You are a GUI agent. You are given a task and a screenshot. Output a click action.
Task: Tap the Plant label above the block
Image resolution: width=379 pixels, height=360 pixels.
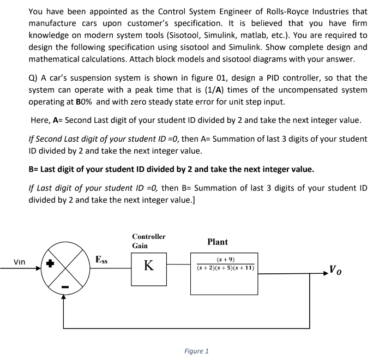point(218,242)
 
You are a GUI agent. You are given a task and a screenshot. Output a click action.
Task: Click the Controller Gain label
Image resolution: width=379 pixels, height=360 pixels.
point(148,241)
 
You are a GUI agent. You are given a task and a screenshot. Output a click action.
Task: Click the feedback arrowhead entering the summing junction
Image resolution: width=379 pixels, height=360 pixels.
point(64,298)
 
